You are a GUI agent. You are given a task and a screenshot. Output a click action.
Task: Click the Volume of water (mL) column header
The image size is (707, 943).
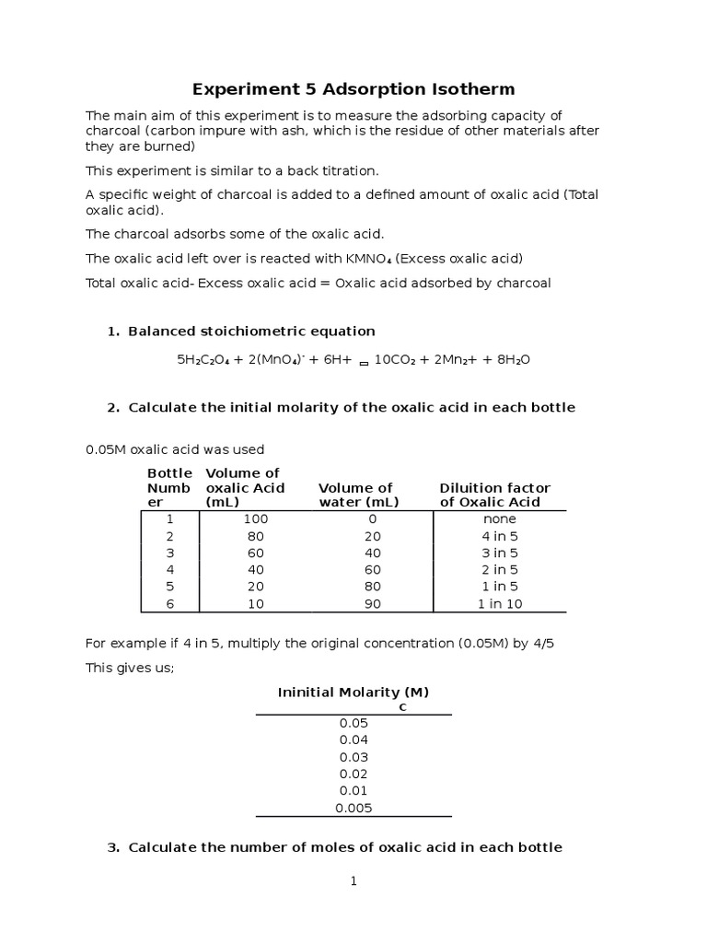pyautogui.click(x=358, y=495)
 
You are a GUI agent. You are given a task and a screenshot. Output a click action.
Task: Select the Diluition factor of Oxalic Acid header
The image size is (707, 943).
pyautogui.click(x=494, y=495)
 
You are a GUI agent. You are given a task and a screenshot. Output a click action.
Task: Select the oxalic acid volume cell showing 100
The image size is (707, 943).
pyautogui.click(x=255, y=519)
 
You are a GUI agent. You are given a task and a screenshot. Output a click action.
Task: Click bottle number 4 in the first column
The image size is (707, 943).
pyautogui.click(x=168, y=570)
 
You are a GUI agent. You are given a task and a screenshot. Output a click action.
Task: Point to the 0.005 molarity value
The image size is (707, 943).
pyautogui.click(x=353, y=808)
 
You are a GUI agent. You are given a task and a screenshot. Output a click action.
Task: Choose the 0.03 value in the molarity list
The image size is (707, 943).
pyautogui.click(x=353, y=757)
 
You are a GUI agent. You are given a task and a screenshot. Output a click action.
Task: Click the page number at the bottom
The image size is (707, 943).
pyautogui.click(x=353, y=881)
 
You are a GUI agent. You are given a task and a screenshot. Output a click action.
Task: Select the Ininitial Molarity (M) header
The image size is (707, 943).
pyautogui.click(x=353, y=692)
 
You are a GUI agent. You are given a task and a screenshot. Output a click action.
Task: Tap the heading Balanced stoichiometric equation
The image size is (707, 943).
pyautogui.click(x=251, y=332)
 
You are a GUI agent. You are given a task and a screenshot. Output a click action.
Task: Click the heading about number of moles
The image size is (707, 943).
pyautogui.click(x=344, y=847)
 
